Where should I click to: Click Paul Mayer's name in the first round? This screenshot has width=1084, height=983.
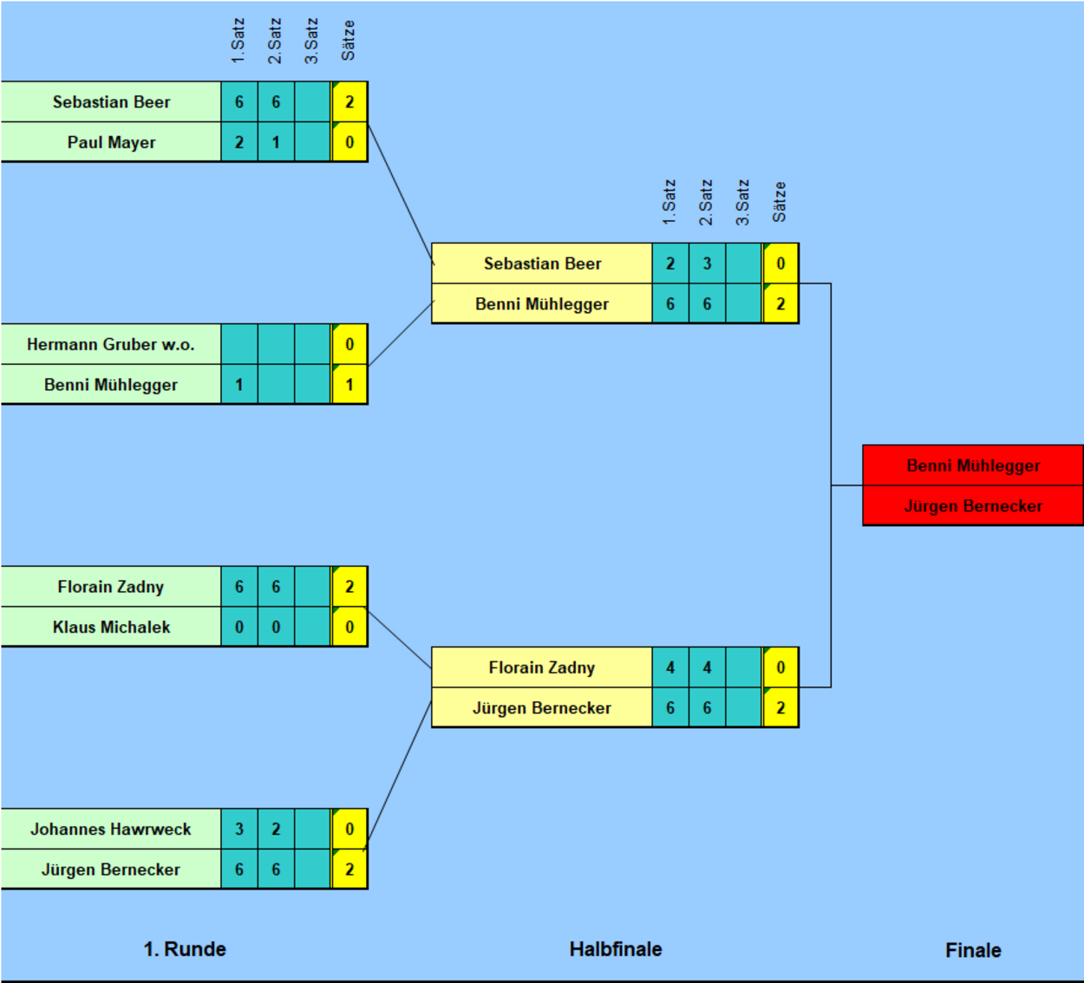click(111, 142)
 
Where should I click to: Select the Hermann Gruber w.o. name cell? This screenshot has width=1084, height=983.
click(111, 344)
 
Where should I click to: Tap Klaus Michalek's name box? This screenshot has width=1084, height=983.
click(111, 627)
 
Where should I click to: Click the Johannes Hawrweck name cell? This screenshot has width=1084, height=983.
click(111, 829)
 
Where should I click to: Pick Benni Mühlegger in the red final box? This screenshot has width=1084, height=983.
click(973, 465)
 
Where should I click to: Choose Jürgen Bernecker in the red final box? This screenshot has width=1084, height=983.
click(973, 506)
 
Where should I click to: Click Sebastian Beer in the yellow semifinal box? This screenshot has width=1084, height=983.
click(542, 264)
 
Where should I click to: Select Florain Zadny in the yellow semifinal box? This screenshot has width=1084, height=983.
click(542, 667)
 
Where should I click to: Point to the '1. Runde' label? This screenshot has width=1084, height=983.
click(185, 949)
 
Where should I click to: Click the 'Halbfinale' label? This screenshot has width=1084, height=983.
click(616, 949)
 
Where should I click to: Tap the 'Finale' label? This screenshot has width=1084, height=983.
click(973, 950)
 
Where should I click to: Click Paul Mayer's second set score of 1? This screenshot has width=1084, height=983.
click(276, 142)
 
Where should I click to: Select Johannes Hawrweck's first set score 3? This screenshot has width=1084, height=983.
click(238, 829)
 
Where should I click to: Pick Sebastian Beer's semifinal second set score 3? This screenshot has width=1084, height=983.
click(707, 264)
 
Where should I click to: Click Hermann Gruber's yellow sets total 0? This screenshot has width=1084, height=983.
click(349, 344)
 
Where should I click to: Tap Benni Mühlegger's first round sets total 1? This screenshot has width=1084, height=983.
click(349, 385)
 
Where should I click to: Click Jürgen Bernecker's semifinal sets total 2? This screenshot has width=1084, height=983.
click(780, 708)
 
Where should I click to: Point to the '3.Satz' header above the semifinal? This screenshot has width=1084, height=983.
click(742, 203)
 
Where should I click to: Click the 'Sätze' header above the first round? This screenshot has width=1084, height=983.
click(349, 41)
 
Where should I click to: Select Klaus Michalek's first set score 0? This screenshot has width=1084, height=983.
click(238, 627)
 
